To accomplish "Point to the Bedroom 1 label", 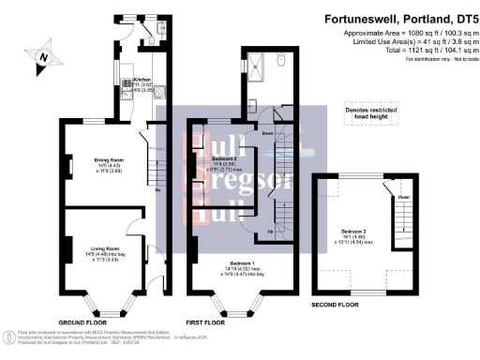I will pyautogui.click(x=237, y=263).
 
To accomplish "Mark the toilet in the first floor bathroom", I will pyautogui.click(x=281, y=62).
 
